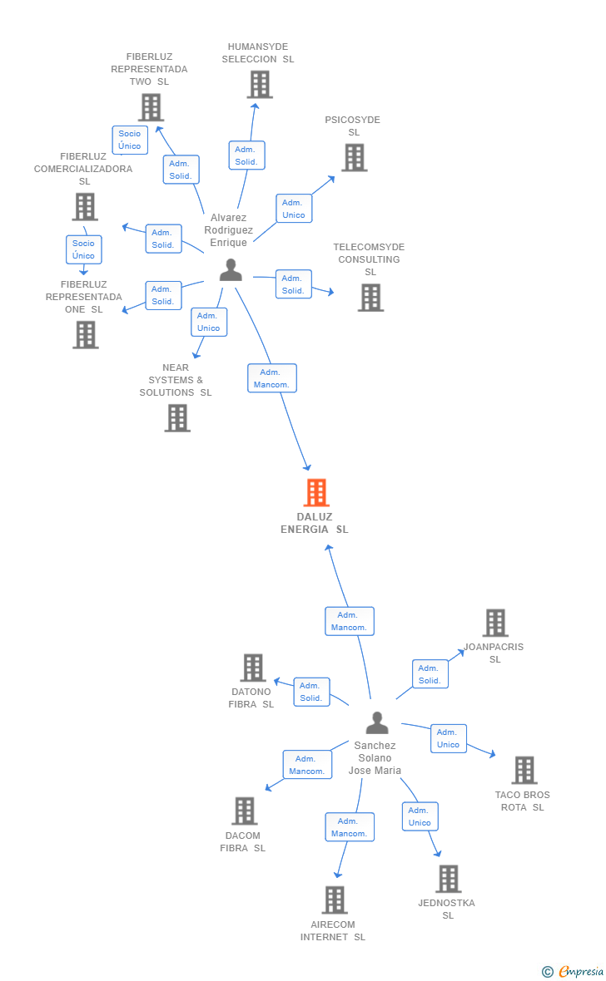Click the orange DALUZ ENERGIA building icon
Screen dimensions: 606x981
coord(316,492)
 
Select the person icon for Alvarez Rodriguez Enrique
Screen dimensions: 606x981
coord(231,270)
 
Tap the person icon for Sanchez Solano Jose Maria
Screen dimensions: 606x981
coord(377,722)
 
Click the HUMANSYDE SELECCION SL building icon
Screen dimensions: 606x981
coord(260,85)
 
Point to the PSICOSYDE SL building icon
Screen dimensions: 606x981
coord(354,158)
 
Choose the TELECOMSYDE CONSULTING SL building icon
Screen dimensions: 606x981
coord(370,298)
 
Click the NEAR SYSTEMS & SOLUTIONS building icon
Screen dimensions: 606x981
coord(177,418)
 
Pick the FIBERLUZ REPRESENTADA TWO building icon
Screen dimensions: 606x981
coord(151,107)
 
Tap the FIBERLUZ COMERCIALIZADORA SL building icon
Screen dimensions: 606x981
coord(85,206)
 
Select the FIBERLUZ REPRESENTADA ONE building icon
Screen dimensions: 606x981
coord(85,335)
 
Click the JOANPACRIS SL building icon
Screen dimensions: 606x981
coord(495,624)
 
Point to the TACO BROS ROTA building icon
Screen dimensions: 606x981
coord(524,770)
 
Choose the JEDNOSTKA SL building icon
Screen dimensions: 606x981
coord(449,879)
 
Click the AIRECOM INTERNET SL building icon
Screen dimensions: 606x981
coord(335,900)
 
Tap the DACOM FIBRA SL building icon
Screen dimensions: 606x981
coord(245,811)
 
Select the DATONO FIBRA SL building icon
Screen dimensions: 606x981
coord(253,668)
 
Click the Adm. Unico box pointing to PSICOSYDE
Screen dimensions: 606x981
coord(293,209)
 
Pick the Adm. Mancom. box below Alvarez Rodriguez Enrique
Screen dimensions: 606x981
coord(272,378)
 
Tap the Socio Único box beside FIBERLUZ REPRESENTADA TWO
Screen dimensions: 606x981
coord(130,140)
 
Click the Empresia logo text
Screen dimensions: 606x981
coord(581,971)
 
